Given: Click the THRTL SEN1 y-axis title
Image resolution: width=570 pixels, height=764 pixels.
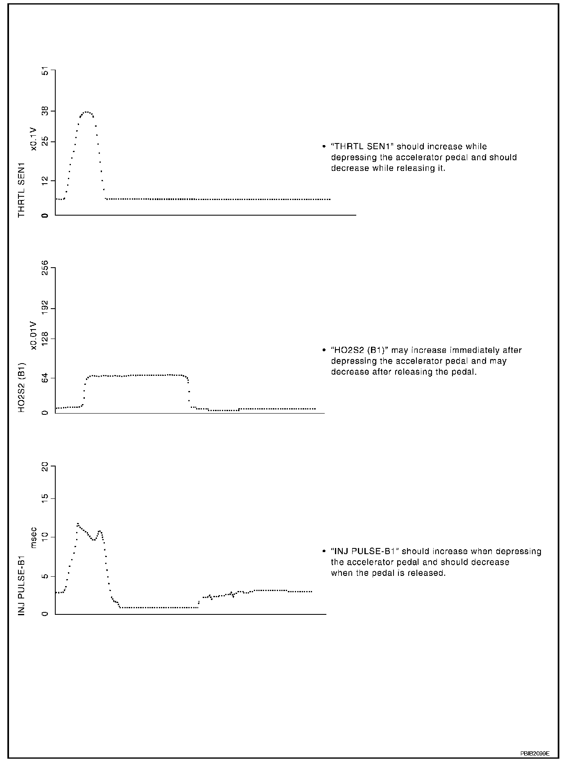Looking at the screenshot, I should click(22, 190).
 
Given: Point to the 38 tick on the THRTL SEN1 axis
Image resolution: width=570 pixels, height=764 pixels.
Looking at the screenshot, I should click(45, 111).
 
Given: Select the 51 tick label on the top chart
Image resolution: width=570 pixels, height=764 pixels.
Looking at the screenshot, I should click(45, 72).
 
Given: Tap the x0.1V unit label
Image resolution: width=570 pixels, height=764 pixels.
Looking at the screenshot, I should click(34, 139).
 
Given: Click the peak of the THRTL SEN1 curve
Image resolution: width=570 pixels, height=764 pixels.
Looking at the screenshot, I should click(86, 112).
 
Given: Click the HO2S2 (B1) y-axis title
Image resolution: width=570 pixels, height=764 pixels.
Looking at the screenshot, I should click(22, 387).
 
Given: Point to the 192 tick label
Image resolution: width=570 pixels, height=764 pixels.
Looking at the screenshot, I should click(45, 308).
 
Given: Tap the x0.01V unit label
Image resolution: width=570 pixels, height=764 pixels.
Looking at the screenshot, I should click(34, 336).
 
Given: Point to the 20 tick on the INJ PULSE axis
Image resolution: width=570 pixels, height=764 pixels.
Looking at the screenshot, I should click(45, 467).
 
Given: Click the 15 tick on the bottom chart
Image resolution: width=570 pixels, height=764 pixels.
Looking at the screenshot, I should click(45, 498).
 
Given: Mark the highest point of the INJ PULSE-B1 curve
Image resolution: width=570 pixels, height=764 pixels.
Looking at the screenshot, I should click(77, 524).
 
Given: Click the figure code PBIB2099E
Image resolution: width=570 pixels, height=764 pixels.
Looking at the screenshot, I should click(535, 753).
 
